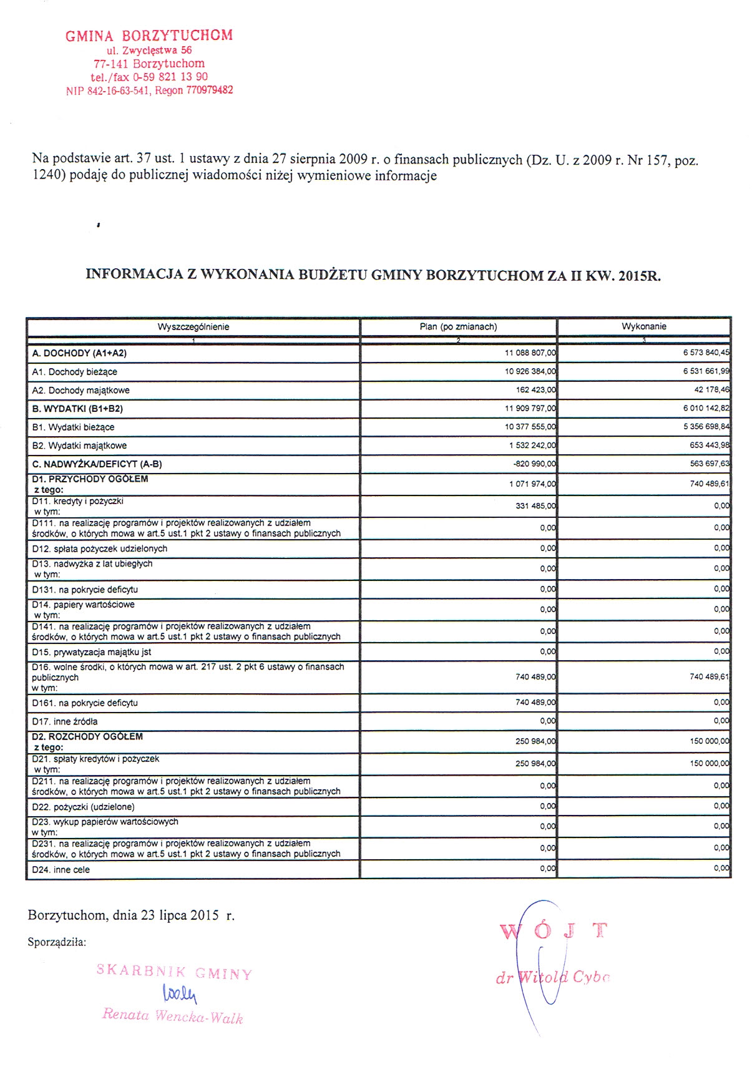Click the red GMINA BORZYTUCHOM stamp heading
[x=149, y=36]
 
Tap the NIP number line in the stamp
[x=149, y=90]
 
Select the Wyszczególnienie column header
[x=193, y=327]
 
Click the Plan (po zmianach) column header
[x=458, y=327]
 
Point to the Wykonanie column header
[x=643, y=327]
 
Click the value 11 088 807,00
[x=530, y=353]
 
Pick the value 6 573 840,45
[x=706, y=353]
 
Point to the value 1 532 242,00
[x=532, y=446]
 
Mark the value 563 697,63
[x=708, y=465]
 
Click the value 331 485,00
[x=535, y=506]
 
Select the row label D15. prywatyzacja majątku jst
[x=92, y=652]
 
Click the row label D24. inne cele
[x=61, y=870]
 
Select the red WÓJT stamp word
[x=553, y=931]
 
